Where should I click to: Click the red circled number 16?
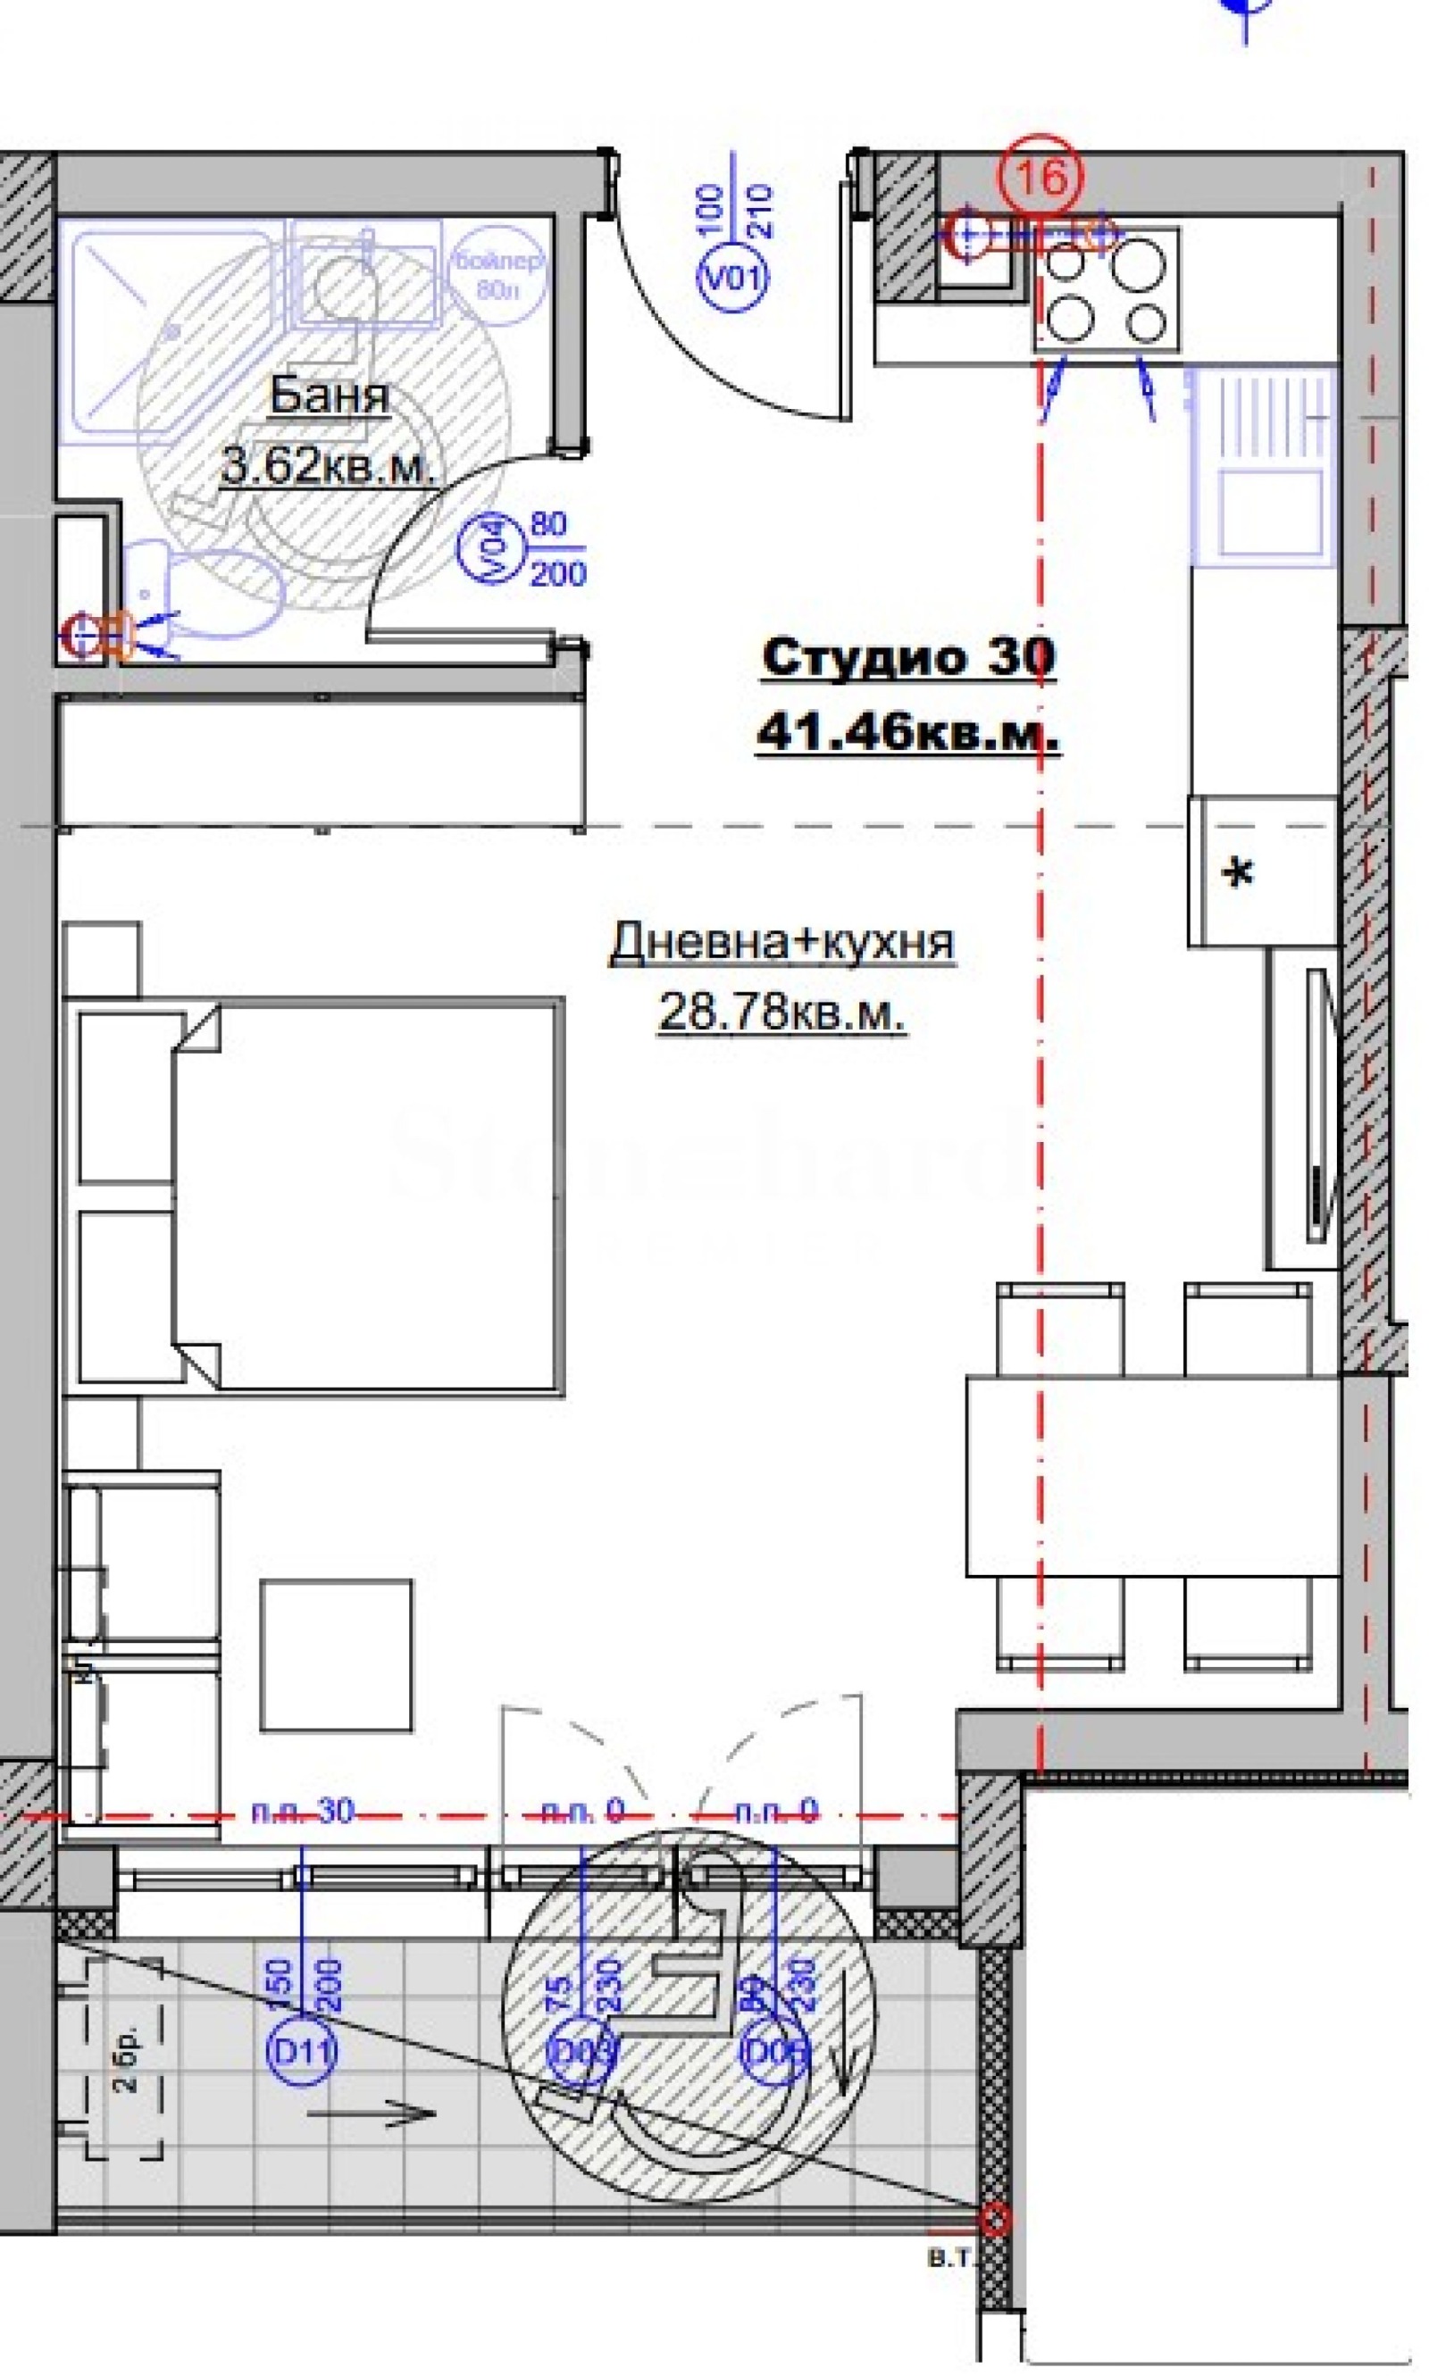pos(1040,176)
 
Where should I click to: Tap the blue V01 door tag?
pos(732,279)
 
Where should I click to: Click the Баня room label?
pos(330,395)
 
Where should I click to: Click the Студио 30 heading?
pos(907,657)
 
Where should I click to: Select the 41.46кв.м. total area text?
pos(907,734)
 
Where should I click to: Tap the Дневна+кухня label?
pos(781,941)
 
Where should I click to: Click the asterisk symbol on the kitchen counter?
pos(1237,873)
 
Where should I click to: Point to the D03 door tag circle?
pos(581,2053)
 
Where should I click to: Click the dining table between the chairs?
pos(1153,1476)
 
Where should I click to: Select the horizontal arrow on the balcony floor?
pos(371,2114)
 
